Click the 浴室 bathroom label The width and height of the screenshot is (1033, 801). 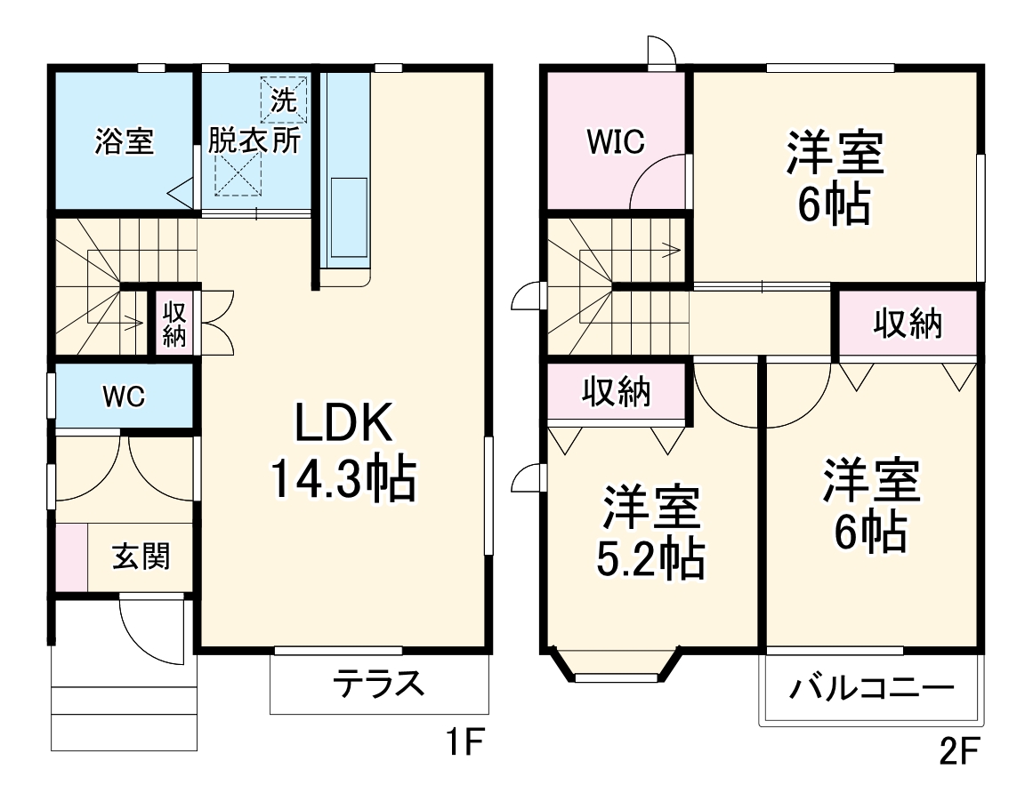pos(125,142)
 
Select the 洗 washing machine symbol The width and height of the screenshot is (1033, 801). pos(283,100)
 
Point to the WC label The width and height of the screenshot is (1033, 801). pos(123,396)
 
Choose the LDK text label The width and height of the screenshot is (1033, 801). pos(343,425)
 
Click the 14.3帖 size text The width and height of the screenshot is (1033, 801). pos(343,480)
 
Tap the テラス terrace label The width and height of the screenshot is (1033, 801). pos(377,685)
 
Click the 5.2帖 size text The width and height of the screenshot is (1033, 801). pos(650,558)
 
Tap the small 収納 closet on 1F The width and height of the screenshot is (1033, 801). pos(174,324)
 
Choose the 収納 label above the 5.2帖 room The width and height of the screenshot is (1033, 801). pos(617,391)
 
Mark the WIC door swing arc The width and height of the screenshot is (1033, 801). pos(657,182)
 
